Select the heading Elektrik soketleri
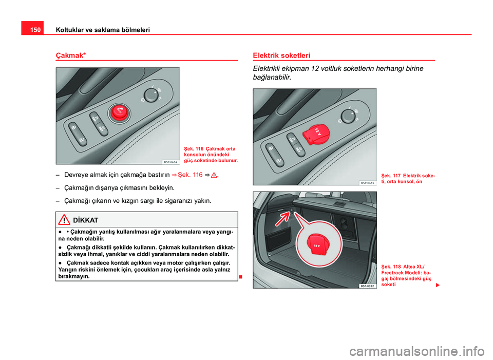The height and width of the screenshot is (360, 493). pyautogui.click(x=281, y=55)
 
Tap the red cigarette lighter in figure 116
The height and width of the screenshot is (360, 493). pyautogui.click(x=119, y=112)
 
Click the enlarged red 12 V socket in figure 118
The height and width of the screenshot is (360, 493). pyautogui.click(x=317, y=245)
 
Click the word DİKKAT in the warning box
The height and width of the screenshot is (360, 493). pyautogui.click(x=86, y=220)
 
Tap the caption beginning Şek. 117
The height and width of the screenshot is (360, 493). pyautogui.click(x=408, y=179)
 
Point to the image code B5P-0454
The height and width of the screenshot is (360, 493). pyautogui.click(x=170, y=161)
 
